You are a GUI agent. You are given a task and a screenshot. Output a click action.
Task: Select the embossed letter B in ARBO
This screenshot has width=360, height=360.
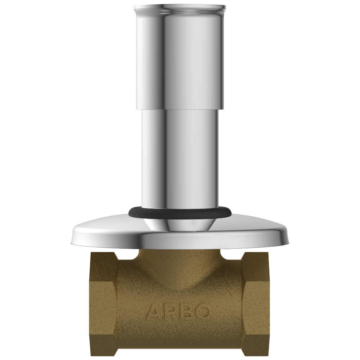click(188, 311)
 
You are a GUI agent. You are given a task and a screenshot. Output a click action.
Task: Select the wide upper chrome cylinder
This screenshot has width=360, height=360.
click(180, 58)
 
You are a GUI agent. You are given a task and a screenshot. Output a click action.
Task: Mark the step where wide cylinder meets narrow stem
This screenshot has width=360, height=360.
click(180, 109)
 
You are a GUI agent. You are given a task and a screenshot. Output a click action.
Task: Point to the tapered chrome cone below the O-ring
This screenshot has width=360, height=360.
click(180, 223)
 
